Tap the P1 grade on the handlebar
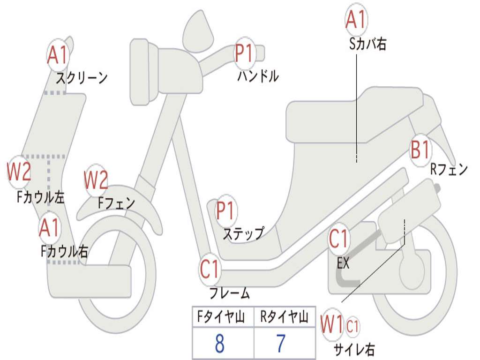pos(244,53)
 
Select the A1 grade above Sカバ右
pos(355,20)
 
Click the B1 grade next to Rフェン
pos(420,150)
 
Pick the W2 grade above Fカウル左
pos(19,172)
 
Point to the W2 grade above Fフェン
pos(96,180)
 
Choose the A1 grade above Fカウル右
pos(49,228)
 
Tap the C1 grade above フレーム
pos(210,270)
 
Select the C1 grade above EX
pos(338,240)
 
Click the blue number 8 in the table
pos(219,344)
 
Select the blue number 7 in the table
pos(281,344)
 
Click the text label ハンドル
pos(257,76)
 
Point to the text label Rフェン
pos(449,169)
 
